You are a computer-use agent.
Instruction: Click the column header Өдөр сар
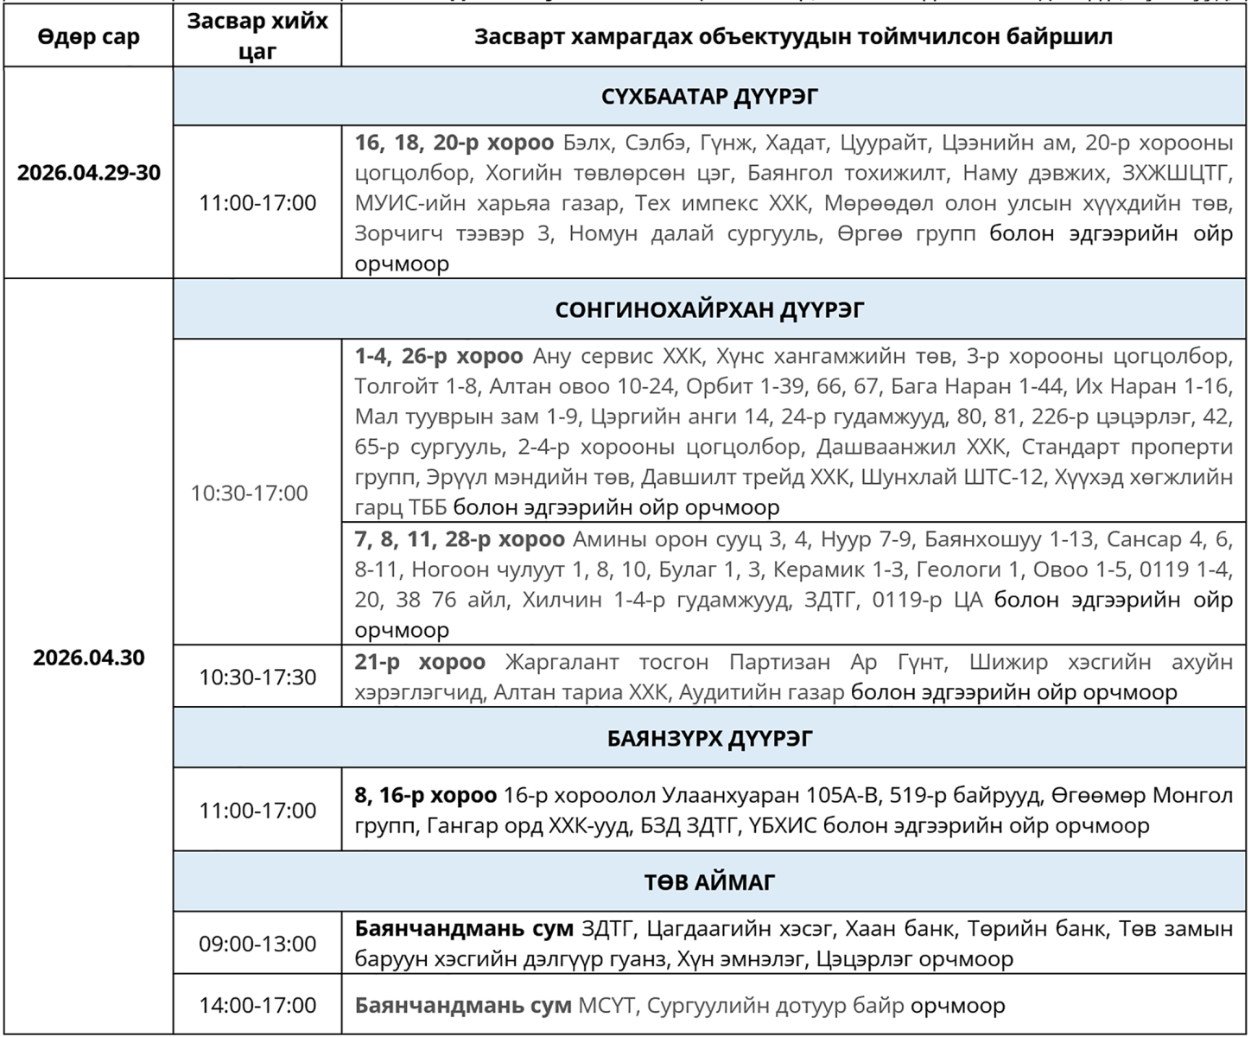[88, 38]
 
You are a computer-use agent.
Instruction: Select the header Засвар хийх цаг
[257, 36]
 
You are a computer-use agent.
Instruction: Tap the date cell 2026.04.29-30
[88, 172]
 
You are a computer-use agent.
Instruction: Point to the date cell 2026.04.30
[88, 657]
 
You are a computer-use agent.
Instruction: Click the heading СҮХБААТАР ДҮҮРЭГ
[708, 96]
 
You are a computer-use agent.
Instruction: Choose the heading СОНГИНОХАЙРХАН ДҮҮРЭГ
[708, 309]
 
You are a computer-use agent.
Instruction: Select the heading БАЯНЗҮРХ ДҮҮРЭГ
[708, 739]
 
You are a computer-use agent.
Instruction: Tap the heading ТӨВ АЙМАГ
[708, 882]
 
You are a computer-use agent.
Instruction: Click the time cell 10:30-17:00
[249, 493]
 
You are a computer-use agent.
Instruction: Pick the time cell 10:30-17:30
[257, 677]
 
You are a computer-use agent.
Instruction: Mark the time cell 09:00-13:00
[257, 944]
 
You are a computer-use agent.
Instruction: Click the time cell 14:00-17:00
[257, 1005]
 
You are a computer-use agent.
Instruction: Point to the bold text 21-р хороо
[420, 662]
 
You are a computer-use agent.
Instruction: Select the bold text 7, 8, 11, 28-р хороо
[459, 539]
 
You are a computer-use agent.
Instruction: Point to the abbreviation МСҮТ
[606, 1006]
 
